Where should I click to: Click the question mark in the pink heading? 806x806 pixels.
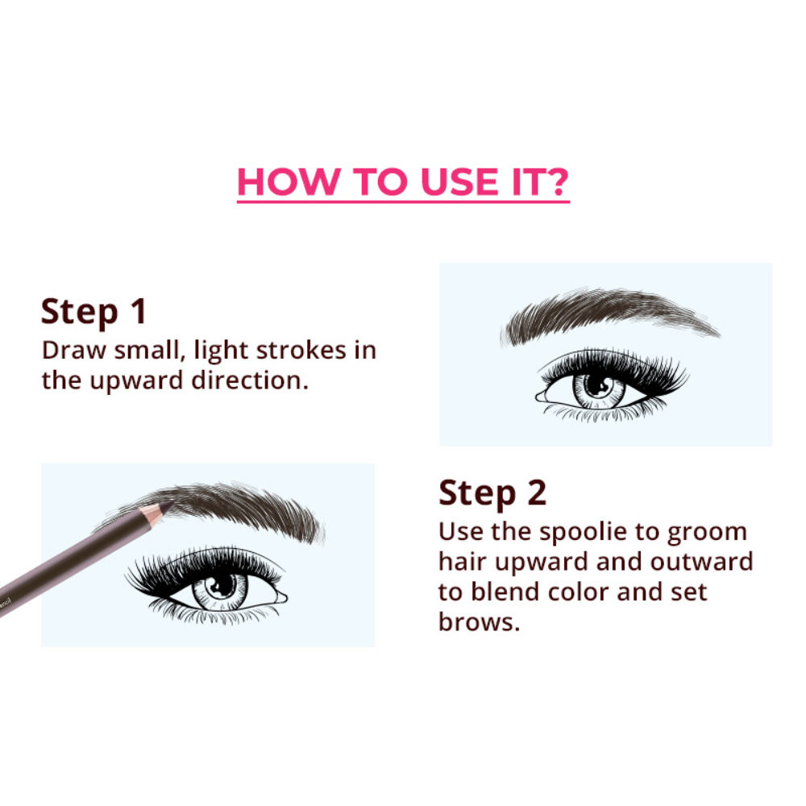click(555, 181)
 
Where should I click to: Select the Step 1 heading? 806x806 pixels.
click(94, 311)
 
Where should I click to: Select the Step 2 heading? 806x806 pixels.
click(492, 493)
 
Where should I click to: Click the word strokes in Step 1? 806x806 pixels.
click(301, 350)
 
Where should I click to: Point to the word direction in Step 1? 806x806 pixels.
click(249, 380)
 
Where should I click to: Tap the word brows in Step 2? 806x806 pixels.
click(479, 621)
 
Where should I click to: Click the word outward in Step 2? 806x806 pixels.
click(702, 561)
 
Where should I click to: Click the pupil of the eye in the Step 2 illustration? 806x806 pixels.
click(597, 385)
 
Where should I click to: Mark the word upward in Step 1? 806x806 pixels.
click(136, 381)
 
